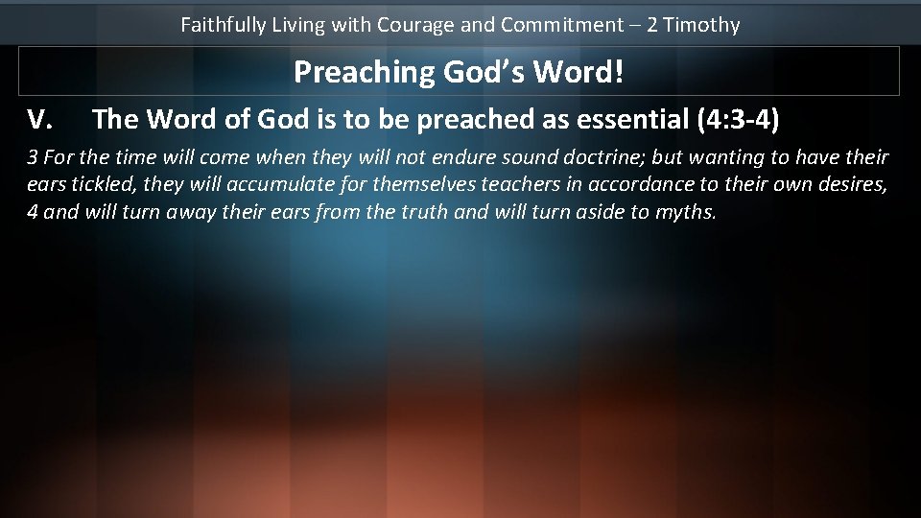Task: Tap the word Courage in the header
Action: (x=415, y=25)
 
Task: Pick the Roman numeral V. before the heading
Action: (x=39, y=120)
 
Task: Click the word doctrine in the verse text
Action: (x=602, y=157)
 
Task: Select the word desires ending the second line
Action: (x=854, y=185)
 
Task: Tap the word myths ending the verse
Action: (x=685, y=212)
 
